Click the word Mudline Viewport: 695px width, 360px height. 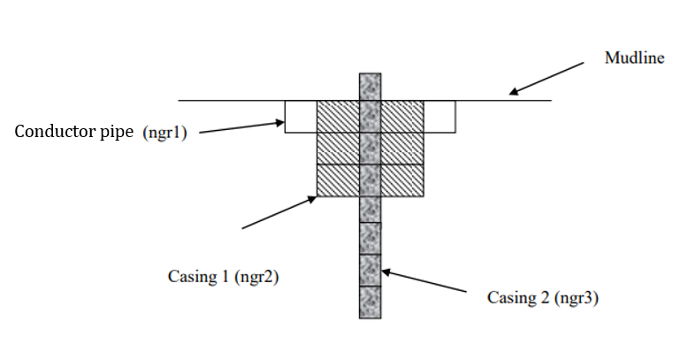pos(634,58)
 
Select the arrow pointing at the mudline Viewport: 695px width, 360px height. pos(547,78)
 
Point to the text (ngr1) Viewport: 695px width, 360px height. pos(165,134)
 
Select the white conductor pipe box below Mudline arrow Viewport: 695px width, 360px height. pos(439,116)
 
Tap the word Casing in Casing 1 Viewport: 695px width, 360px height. pos(192,277)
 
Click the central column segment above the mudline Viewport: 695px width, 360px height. pos(370,87)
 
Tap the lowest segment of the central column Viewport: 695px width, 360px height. pos(370,301)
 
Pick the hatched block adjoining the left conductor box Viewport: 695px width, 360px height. pos(338,116)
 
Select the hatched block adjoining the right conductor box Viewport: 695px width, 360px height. pos(402,116)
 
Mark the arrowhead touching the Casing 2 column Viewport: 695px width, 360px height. pos(386,272)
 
